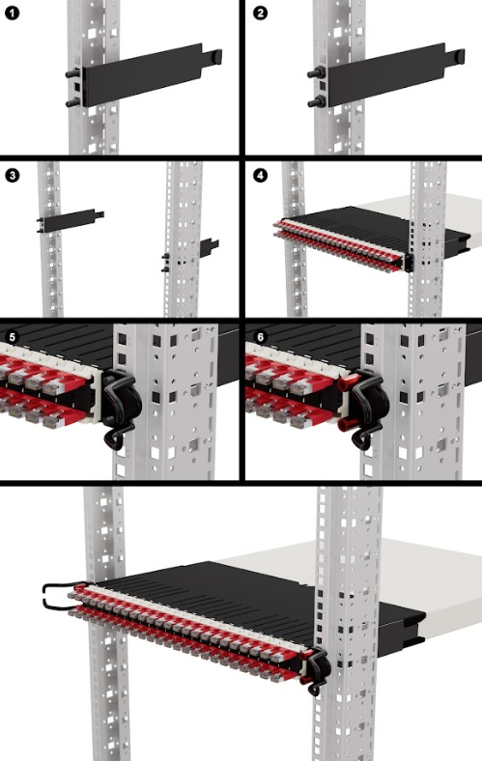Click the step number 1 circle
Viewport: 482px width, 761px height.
pos(12,13)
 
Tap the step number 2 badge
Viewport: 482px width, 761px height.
pos(260,13)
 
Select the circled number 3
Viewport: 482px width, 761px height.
pos(12,175)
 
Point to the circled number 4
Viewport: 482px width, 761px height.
pos(260,175)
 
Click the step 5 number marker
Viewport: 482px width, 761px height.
pos(12,336)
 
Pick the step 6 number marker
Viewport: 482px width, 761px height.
pos(260,336)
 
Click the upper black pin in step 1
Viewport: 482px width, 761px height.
pos(72,73)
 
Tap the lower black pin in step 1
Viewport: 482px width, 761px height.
pos(72,102)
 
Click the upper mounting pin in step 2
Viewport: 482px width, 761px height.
pos(318,73)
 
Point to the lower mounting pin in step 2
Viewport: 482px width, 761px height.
pos(318,102)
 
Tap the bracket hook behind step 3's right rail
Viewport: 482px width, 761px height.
pos(210,248)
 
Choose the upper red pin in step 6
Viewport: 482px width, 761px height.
pos(349,383)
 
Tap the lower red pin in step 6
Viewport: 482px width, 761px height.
pos(349,424)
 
